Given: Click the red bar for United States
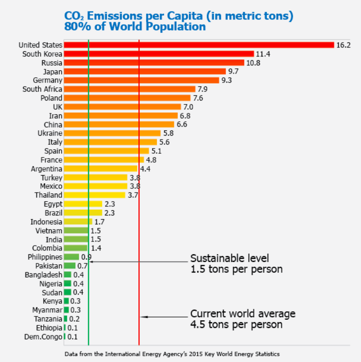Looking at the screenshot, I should click(x=199, y=45).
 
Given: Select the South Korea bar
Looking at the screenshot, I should click(x=159, y=54).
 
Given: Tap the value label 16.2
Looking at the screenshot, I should click(x=343, y=45).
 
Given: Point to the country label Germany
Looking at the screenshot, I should click(x=47, y=80).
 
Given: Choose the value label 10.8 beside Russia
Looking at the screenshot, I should click(x=253, y=63).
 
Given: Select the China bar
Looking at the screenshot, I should click(x=119, y=124).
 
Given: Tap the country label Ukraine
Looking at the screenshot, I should click(x=50, y=133).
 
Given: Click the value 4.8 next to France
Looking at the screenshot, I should click(x=151, y=160).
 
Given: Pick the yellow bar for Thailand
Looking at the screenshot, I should click(x=94, y=195).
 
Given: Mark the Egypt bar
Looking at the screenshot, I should click(x=83, y=204).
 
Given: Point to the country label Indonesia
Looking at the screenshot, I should click(x=46, y=222).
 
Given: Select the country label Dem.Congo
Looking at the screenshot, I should click(x=43, y=336).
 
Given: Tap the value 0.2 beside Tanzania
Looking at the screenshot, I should click(x=74, y=319).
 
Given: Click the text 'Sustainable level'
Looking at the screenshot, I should click(x=230, y=259).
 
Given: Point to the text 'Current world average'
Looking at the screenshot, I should click(x=243, y=314).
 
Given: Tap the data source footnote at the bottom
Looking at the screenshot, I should click(x=172, y=354).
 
